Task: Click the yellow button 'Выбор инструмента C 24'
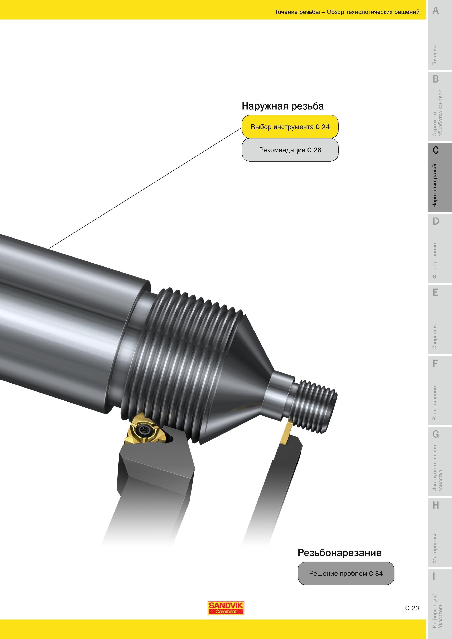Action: click(290, 127)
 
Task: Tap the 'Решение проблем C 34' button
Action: click(346, 573)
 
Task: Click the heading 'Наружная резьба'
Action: click(283, 106)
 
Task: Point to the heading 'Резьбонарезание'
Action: click(340, 552)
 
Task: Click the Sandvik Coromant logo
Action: click(226, 608)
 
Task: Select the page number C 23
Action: click(412, 608)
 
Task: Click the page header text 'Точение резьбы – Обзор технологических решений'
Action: click(347, 12)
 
